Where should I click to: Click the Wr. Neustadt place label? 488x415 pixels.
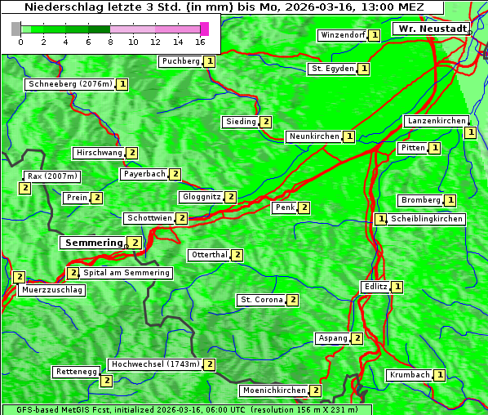point(432,29)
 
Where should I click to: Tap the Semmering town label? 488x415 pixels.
point(93,243)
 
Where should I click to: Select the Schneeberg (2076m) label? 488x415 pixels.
point(69,84)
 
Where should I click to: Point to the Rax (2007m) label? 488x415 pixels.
point(52,176)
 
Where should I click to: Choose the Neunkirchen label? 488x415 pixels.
point(313,136)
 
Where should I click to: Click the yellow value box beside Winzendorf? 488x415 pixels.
point(374,35)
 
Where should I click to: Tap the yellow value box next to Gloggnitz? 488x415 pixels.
point(231,197)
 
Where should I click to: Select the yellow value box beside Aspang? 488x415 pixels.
point(357,338)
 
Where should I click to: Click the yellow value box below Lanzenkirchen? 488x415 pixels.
point(470,132)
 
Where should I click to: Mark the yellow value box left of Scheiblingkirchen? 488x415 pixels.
point(381,219)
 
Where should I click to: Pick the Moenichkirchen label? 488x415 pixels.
point(274,390)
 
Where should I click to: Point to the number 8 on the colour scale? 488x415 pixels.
point(109,42)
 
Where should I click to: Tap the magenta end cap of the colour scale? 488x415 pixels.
point(204,29)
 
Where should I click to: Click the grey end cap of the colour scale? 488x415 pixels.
point(16,29)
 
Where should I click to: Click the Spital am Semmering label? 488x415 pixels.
point(126,273)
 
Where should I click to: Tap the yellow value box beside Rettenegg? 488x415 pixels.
point(105,380)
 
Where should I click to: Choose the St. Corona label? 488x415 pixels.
point(261,300)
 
